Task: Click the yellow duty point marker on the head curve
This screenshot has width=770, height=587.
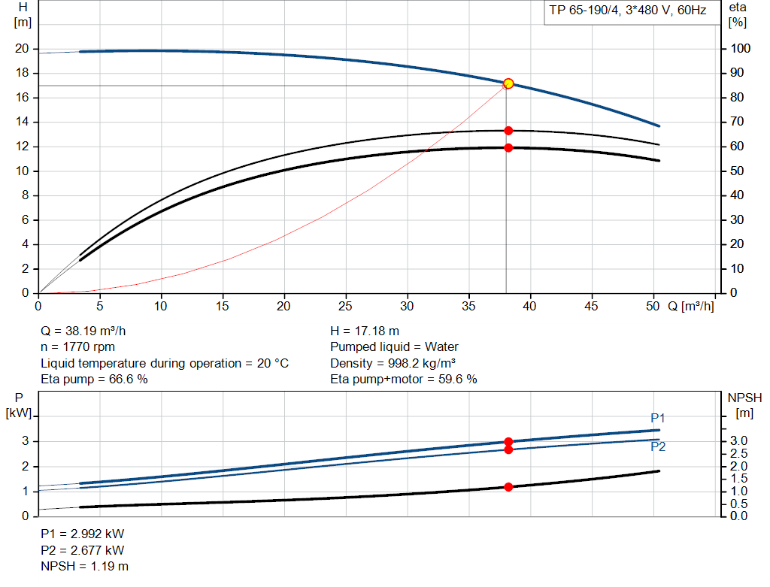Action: (x=508, y=83)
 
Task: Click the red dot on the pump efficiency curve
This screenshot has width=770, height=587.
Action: (x=508, y=131)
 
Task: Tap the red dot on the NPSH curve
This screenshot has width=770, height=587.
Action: (x=508, y=487)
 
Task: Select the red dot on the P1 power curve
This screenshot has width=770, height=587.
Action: (x=508, y=442)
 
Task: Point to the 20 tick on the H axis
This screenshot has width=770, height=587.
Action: (x=22, y=49)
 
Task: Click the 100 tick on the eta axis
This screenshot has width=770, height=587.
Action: (x=740, y=49)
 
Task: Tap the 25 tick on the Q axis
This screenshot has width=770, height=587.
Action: (x=346, y=307)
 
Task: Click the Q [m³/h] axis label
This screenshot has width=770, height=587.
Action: (x=691, y=307)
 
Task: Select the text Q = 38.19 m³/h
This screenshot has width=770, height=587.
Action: (x=89, y=331)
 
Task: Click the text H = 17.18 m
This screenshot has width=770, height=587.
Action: (x=365, y=331)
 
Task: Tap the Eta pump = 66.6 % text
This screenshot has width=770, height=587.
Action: (x=94, y=380)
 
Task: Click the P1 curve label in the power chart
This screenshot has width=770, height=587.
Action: (x=658, y=419)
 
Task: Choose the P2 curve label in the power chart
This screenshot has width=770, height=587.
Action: (x=658, y=446)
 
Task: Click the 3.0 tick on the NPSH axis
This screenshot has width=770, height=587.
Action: (x=738, y=441)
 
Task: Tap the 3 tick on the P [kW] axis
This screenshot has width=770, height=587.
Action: (x=25, y=441)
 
